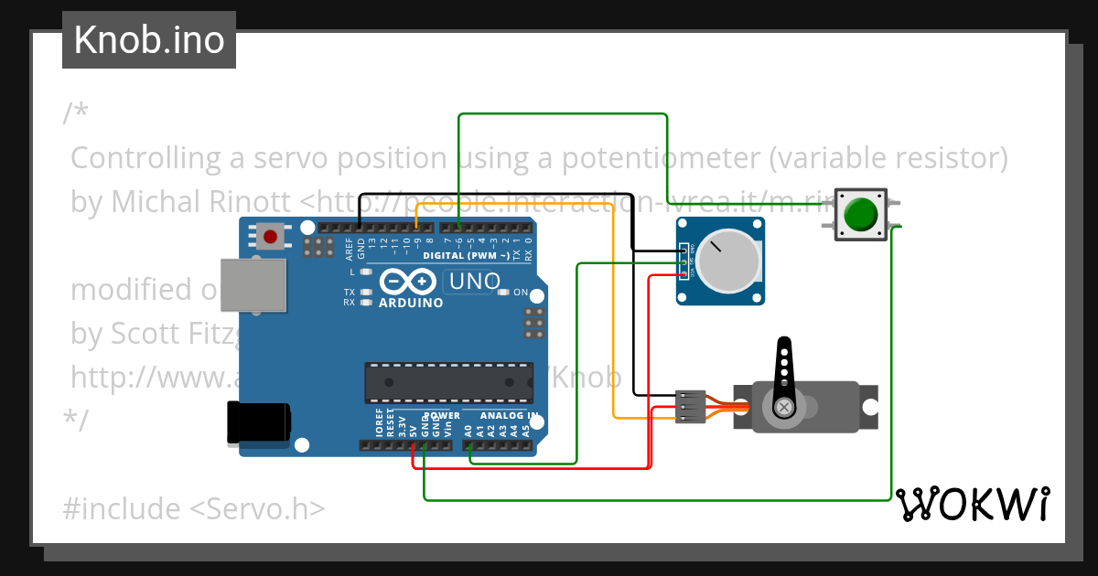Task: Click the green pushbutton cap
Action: [860, 216]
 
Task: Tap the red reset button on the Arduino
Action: [270, 237]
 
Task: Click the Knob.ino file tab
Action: [149, 40]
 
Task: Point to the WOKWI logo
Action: [972, 504]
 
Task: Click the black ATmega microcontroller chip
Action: [448, 382]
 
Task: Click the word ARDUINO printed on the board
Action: [411, 303]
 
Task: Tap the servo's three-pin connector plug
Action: [691, 406]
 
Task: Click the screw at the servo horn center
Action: [783, 406]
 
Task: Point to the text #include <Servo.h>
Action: [193, 508]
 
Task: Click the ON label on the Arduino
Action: [520, 293]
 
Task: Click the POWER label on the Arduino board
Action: [441, 415]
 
